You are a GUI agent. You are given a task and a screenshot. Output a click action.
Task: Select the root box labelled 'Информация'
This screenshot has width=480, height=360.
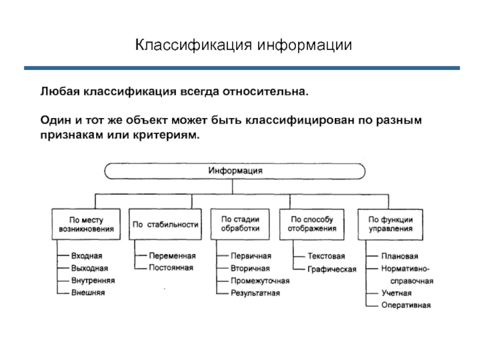point(236,170)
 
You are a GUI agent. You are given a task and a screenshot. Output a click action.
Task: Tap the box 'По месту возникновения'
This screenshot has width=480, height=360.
point(86,224)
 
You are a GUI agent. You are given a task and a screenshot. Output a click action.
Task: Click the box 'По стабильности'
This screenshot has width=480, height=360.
point(165,224)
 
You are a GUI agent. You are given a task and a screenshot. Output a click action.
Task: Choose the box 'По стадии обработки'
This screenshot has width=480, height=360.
point(240,224)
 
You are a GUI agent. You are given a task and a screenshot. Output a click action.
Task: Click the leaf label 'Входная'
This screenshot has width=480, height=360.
point(86,256)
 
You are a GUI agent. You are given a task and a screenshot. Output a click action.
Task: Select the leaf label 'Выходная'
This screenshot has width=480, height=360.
point(89,268)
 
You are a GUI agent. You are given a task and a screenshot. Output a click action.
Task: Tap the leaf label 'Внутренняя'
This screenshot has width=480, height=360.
point(92,280)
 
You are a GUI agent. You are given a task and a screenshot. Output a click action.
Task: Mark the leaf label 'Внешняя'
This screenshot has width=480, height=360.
point(88,293)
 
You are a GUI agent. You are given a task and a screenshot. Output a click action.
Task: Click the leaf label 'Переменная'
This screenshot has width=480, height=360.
point(172,256)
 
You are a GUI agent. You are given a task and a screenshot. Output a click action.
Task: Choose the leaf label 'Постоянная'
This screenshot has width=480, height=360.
point(171,268)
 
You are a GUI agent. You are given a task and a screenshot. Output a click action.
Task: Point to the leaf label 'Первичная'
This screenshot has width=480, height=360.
point(251,256)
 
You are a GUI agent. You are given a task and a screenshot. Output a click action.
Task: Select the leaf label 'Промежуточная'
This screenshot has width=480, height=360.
point(260,281)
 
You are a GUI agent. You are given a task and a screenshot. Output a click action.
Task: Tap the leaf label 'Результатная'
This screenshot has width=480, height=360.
point(255,293)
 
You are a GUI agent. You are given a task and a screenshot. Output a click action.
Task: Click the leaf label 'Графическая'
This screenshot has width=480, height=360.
point(332,269)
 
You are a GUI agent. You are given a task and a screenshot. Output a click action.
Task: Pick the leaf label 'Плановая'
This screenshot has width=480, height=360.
point(400,257)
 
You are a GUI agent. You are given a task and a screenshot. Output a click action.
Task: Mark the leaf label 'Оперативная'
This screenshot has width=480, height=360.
point(406,305)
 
